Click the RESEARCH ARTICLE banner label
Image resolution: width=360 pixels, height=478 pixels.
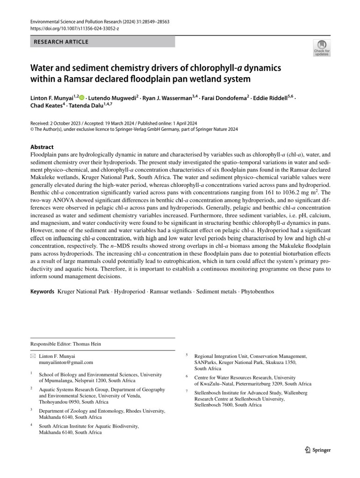[x=61, y=42]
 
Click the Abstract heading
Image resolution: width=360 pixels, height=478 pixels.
[x=42, y=146]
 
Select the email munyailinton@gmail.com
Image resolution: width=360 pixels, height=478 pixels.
[x=66, y=362]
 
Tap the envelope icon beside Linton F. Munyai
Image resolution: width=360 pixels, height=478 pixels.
[x=33, y=356]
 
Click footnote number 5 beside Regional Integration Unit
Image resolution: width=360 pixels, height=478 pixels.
[x=187, y=355]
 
